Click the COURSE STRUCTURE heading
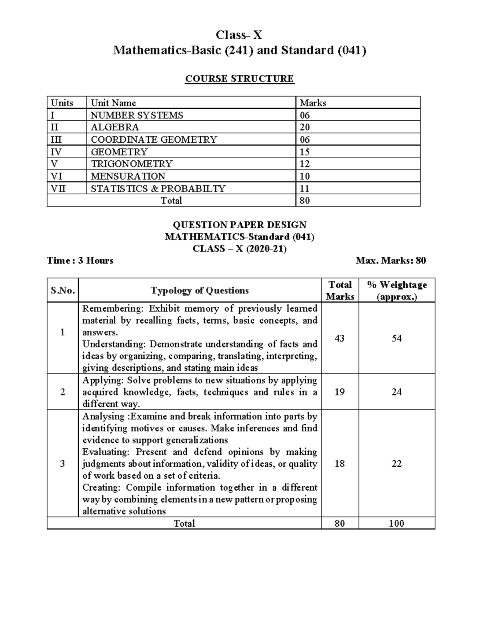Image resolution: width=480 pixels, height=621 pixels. [x=239, y=79]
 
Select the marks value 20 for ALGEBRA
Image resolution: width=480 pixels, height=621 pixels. [x=305, y=127]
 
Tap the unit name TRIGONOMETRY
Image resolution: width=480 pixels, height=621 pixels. [x=131, y=164]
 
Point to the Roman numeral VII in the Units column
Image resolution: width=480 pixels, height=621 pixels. [x=58, y=188]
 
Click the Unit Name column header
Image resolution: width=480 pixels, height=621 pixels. [x=113, y=103]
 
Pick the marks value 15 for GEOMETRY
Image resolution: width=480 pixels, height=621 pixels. [x=305, y=152]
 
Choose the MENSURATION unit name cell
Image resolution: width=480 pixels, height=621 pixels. [x=128, y=176]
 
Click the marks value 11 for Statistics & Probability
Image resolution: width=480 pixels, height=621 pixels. [x=305, y=189]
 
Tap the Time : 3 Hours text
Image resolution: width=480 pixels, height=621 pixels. [x=80, y=261]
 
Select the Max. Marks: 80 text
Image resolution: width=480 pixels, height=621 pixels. [x=390, y=261]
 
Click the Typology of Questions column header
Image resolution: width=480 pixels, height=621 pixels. [x=200, y=290]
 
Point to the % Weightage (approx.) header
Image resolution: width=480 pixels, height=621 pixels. [x=396, y=290]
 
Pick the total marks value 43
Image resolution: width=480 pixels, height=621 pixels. [x=339, y=338]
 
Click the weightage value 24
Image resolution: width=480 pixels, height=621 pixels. [x=396, y=392]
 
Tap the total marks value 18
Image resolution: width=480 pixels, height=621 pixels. [x=339, y=463]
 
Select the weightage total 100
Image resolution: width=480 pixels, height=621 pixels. [x=396, y=523]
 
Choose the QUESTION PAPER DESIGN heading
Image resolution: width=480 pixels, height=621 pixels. [x=239, y=225]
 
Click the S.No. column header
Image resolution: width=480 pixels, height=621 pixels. [x=63, y=290]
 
